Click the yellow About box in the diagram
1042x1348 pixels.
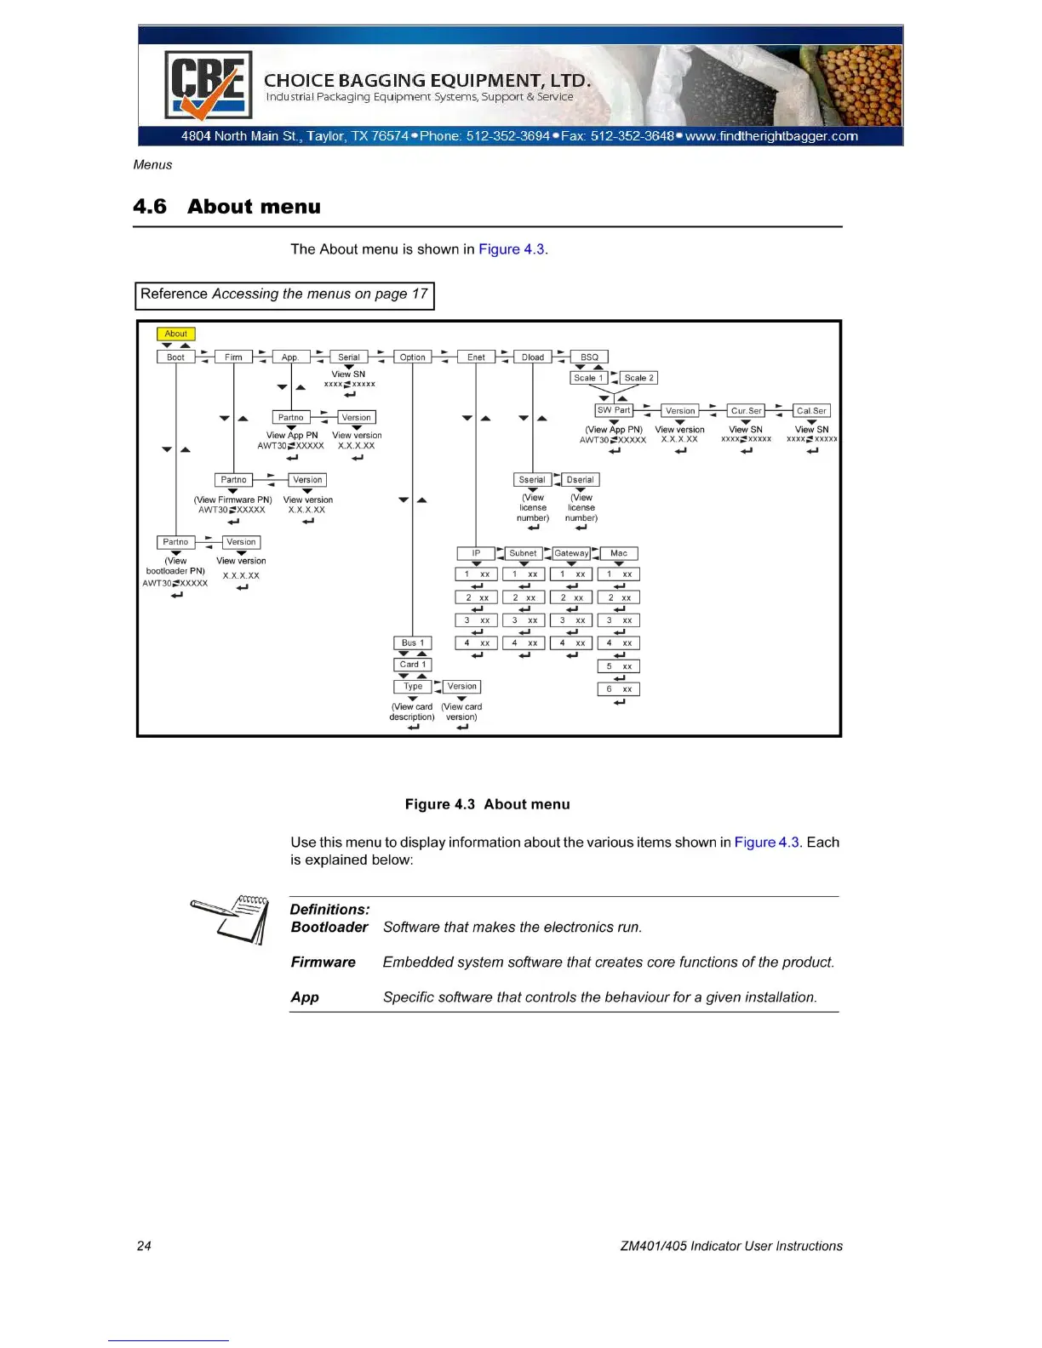tap(176, 334)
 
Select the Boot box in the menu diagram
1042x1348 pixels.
tap(175, 357)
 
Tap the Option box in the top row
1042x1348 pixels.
tap(412, 357)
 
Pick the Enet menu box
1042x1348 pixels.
tap(476, 357)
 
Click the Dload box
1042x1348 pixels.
tap(533, 357)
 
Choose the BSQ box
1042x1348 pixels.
tap(589, 357)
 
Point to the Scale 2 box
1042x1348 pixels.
tap(638, 378)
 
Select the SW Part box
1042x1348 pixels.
tap(614, 410)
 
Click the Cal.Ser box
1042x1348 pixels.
tap(811, 411)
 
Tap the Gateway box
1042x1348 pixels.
tap(571, 553)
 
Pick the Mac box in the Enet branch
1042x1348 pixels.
tap(619, 553)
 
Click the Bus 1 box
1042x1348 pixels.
tap(413, 643)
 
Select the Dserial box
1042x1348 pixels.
tap(581, 480)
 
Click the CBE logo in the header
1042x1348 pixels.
tap(208, 85)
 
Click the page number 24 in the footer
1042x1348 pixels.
tap(144, 1246)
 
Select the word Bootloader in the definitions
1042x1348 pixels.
tap(329, 928)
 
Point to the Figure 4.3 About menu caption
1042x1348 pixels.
tap(487, 804)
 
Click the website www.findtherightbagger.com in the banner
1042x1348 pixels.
tap(771, 136)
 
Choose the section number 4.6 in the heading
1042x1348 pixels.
tap(150, 207)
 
